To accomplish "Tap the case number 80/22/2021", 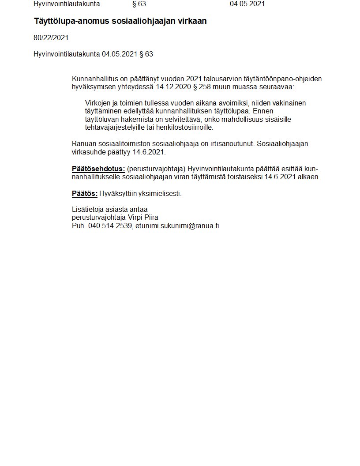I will (x=51, y=38).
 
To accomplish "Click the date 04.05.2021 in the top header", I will (x=247, y=4).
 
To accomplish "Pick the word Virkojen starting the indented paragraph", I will (x=97, y=103).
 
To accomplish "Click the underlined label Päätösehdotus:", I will (x=98, y=169).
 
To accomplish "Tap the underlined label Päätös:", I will (x=84, y=194).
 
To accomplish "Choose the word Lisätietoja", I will (x=87, y=210).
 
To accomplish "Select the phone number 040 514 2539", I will (x=110, y=225).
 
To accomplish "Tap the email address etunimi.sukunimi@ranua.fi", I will (x=177, y=225).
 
